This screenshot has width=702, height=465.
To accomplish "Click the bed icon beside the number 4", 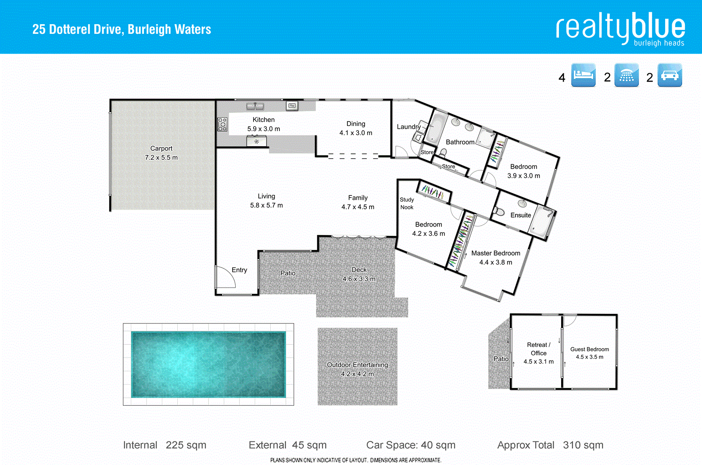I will pos(583,75).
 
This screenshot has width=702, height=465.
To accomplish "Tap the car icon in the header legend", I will pos(670,75).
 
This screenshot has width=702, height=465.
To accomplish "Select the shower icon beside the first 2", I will pos(626,75).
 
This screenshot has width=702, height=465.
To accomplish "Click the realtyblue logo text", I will pos(620,28).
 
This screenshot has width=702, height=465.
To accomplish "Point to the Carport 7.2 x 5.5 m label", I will pos(161,153).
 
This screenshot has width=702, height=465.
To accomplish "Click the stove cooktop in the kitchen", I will pos(222,124).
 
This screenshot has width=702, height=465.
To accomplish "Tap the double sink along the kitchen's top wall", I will pos(254,106).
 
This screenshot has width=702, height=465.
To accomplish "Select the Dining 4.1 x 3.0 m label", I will pos(355,128).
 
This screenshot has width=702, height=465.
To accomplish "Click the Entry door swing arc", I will pos(226,278).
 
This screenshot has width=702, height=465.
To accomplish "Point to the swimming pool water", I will pos(208,364).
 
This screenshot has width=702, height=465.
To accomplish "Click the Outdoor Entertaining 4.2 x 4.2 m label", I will pos(357,369).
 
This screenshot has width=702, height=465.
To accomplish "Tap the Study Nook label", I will pos(407,203).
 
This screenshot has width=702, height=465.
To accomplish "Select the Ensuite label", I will pos(520,215).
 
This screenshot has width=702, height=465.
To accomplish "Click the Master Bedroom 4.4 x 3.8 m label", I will pos(495,258).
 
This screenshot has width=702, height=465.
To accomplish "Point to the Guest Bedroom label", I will pos(589,353).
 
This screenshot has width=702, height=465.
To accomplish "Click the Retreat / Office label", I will pos(538,349).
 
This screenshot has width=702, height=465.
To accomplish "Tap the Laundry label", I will pos(408,127).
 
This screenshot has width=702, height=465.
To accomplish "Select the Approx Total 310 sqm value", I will pos(583,445).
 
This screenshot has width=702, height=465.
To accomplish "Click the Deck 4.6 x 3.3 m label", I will pos(359,274).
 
